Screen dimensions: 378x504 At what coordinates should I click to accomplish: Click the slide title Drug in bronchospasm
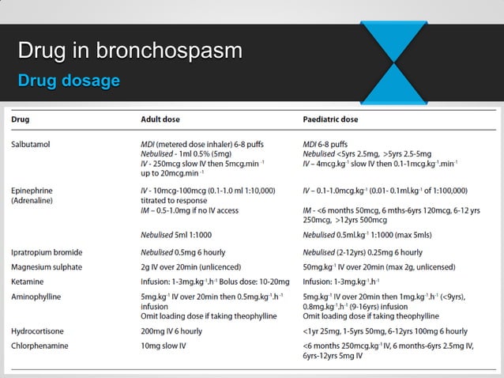coord(130,53)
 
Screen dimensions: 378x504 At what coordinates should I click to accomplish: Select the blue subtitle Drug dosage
coord(69,81)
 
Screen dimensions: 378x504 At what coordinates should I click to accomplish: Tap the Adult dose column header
coord(163,120)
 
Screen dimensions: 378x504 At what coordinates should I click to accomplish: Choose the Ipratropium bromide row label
coord(47,252)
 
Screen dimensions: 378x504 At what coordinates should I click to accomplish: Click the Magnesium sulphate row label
coord(47,266)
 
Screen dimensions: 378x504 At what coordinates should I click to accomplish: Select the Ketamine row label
coord(28,281)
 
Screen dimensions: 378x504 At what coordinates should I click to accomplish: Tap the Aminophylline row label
coord(36,296)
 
